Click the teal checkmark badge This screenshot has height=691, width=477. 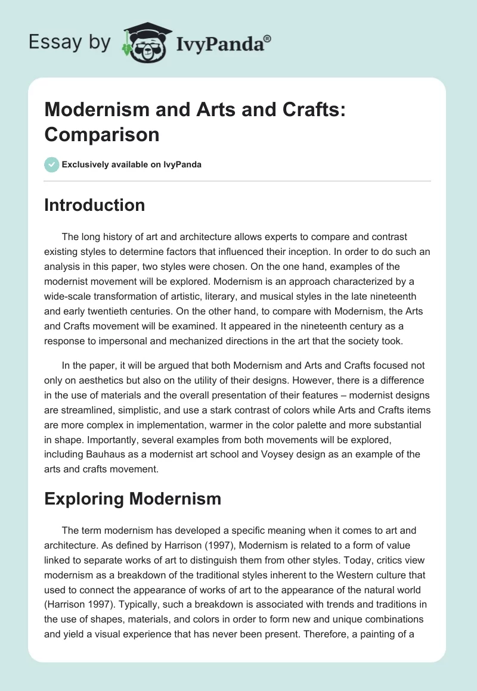click(x=52, y=165)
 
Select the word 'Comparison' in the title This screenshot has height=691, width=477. click(x=102, y=135)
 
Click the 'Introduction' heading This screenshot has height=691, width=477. click(x=95, y=205)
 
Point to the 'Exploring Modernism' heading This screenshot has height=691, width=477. click(x=132, y=499)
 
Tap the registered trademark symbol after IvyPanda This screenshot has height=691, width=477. click(x=268, y=38)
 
